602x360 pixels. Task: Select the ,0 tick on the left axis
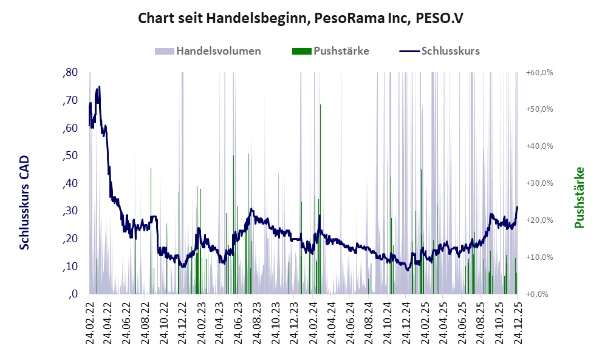pyautogui.click(x=73, y=294)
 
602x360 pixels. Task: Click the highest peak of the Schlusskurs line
pyautogui.click(x=99, y=87)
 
